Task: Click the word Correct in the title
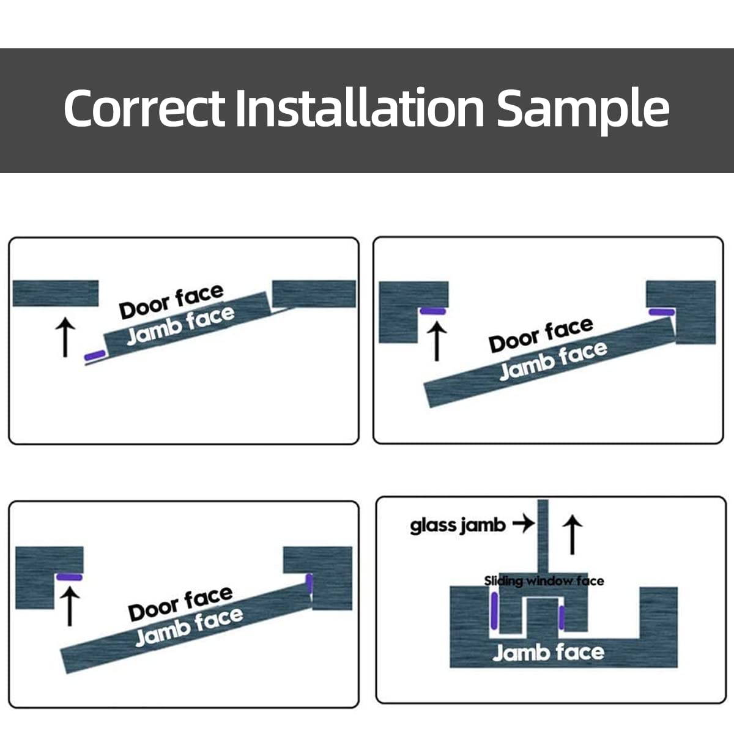click(x=144, y=108)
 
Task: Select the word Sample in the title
click(x=582, y=109)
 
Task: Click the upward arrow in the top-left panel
click(x=65, y=338)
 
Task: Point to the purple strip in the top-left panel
click(x=95, y=355)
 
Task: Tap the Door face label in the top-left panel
click(x=171, y=302)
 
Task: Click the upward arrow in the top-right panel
click(x=436, y=341)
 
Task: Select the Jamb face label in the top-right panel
click(x=553, y=360)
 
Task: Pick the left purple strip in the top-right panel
click(x=433, y=311)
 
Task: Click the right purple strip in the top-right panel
click(x=662, y=312)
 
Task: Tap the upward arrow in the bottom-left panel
click(x=70, y=605)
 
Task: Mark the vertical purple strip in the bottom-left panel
click(x=310, y=584)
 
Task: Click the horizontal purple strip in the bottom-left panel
click(x=69, y=576)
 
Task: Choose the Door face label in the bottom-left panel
click(x=180, y=603)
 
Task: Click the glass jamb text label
click(x=458, y=525)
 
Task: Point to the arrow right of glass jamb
click(x=523, y=524)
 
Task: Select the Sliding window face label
click(x=544, y=580)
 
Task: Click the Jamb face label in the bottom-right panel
click(x=548, y=653)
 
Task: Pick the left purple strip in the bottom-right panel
click(x=494, y=613)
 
